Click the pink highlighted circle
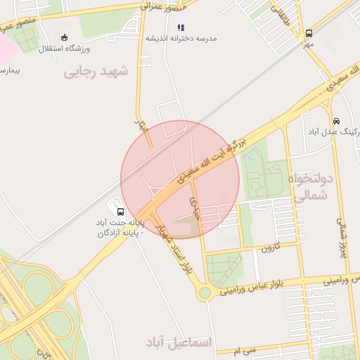pos(180,180)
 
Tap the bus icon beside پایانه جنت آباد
pos(120,212)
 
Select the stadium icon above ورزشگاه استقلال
pos(65,37)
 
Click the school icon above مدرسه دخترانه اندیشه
pos(181,27)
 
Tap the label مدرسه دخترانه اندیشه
pos(181,38)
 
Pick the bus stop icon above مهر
pos(309,33)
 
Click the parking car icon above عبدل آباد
pos(337,120)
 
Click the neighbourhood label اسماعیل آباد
pos(179,342)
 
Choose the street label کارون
pos(271,247)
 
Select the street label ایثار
pos(140,127)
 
